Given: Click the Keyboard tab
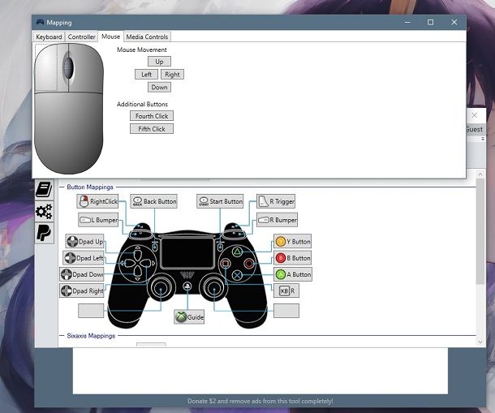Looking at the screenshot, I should click(49, 37).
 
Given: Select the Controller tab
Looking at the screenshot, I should click(82, 37).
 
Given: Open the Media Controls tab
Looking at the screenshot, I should click(147, 37).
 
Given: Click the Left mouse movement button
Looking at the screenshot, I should click(146, 74).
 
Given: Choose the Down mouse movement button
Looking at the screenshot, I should click(159, 87).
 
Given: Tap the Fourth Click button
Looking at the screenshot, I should click(151, 116).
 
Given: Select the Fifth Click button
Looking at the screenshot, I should click(151, 129).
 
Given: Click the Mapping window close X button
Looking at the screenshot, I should click(454, 22).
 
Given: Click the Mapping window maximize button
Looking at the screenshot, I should click(430, 22).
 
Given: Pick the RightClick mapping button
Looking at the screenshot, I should click(97, 201).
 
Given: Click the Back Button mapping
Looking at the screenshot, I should click(153, 201).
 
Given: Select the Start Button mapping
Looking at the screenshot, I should click(220, 201).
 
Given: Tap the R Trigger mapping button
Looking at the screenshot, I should click(276, 201).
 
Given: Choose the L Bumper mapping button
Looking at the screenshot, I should click(97, 220).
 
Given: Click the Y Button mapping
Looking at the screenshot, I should click(292, 241).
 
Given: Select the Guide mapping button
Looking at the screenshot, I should click(189, 317).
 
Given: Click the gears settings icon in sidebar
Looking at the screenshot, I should click(44, 212).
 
